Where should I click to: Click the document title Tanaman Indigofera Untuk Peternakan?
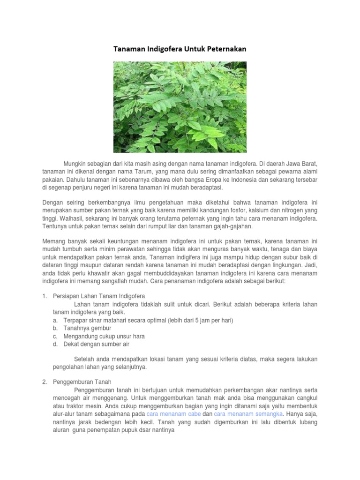180,49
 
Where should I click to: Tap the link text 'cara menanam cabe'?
174,414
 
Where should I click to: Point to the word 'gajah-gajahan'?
233,227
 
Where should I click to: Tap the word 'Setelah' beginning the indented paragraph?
84,359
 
